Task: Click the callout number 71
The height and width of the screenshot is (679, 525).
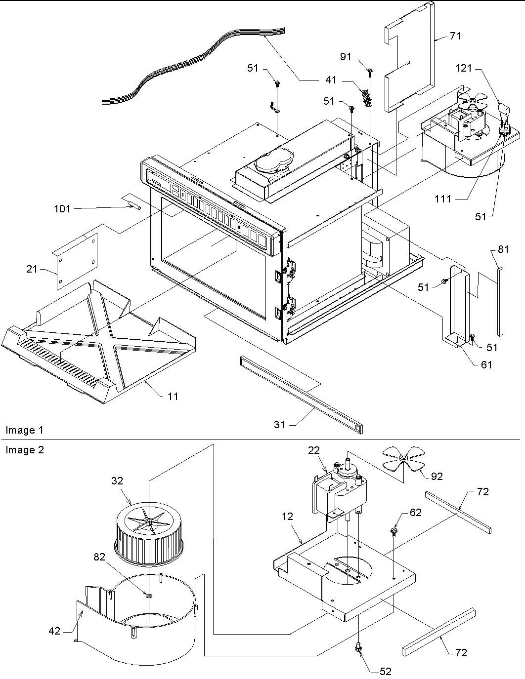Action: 455,36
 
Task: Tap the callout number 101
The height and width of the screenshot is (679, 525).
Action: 62,208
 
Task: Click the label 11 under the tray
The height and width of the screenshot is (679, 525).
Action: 173,396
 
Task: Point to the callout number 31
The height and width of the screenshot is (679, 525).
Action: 280,424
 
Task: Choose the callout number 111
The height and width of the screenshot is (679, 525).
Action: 443,199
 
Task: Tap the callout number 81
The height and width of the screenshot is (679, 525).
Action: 503,249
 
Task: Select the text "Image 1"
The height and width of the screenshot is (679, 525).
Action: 25,430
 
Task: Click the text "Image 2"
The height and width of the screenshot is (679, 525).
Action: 25,450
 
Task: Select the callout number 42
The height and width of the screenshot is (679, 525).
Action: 54,631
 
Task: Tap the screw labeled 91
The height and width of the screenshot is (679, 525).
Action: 369,73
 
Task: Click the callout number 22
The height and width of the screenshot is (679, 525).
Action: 314,450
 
